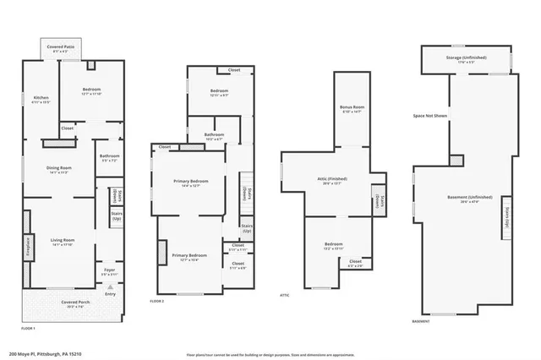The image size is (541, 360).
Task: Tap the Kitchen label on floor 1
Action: tap(41, 99)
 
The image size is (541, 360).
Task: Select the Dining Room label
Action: tap(58, 168)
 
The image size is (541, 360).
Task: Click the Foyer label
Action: tap(109, 270)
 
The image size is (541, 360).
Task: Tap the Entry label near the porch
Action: tap(110, 294)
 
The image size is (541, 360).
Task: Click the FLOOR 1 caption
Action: tap(29, 327)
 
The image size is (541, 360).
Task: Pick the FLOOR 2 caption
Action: tap(157, 301)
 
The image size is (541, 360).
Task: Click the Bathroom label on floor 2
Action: tap(214, 135)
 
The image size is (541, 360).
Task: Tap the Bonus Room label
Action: tap(352, 107)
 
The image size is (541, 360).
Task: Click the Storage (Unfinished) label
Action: tap(466, 57)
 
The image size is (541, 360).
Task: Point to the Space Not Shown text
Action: tap(430, 115)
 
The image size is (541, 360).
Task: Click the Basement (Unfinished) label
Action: tap(463, 198)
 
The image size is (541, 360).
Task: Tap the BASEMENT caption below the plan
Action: tap(421, 321)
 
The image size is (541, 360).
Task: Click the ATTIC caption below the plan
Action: tap(285, 295)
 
